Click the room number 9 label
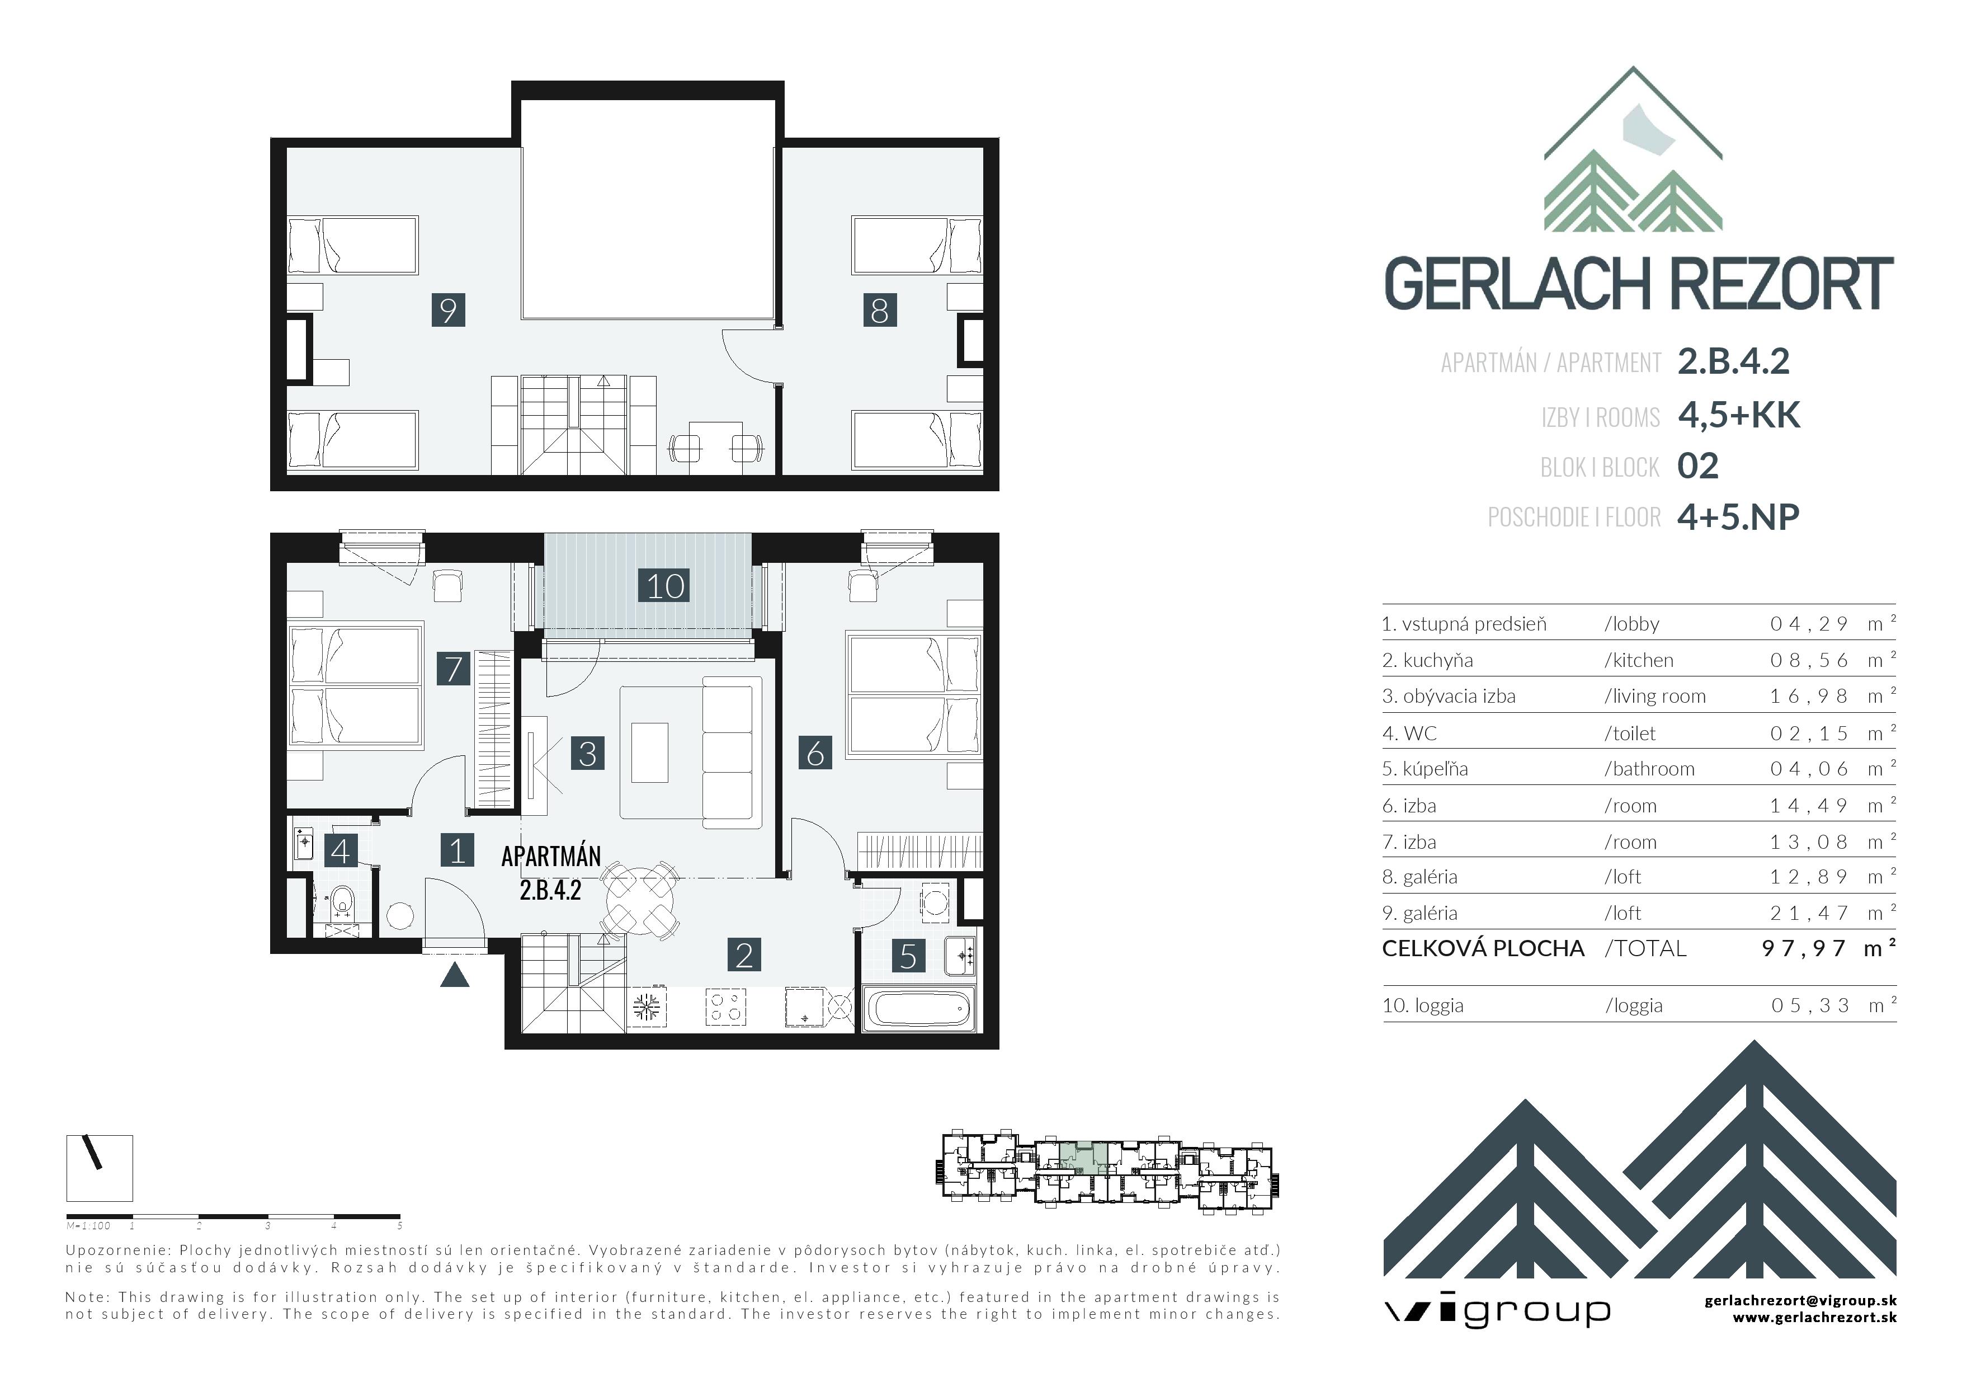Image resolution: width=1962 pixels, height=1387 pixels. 448,309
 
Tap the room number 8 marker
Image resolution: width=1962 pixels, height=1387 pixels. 879,310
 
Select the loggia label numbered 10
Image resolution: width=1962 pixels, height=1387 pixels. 665,586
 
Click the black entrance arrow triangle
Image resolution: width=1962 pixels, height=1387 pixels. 455,975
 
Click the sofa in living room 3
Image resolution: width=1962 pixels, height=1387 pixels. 732,752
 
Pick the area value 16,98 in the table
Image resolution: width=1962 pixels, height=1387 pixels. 1808,697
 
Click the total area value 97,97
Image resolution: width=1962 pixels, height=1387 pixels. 1803,948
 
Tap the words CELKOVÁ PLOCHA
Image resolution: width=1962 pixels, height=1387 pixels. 1483,948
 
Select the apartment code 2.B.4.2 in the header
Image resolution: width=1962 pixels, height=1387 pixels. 1733,361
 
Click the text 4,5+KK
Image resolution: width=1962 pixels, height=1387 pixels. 1738,415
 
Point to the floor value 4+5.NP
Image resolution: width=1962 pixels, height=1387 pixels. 1737,517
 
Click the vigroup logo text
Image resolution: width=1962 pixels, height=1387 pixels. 1496,1310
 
